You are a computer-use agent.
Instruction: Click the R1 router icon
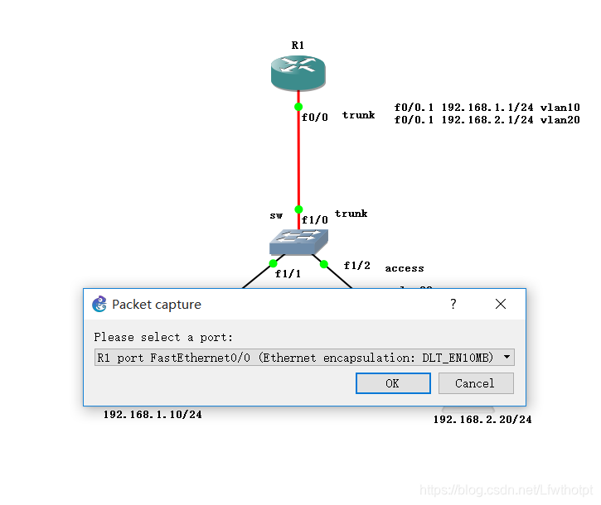tap(298, 72)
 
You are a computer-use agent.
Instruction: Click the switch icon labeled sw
tap(298, 242)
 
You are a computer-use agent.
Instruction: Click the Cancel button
tap(475, 383)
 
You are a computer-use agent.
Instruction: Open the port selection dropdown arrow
tap(506, 358)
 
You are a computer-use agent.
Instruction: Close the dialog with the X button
tap(500, 305)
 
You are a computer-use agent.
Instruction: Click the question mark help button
tap(453, 305)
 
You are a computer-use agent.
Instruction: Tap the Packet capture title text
tap(157, 305)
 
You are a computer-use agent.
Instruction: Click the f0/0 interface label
tap(315, 117)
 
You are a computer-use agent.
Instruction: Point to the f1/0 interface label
tap(315, 220)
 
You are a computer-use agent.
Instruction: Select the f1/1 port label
tap(288, 273)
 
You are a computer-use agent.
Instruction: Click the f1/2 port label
tap(357, 266)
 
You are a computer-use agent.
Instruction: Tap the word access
tap(405, 268)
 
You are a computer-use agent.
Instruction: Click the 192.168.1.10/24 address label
tap(153, 414)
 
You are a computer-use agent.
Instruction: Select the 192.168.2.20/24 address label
tap(482, 420)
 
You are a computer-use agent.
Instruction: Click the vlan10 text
tap(560, 107)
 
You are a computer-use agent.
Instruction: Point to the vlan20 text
tap(560, 120)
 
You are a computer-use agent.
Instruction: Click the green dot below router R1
tap(298, 107)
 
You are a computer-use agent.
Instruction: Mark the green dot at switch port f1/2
tap(324, 264)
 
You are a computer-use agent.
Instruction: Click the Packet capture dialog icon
tap(99, 304)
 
